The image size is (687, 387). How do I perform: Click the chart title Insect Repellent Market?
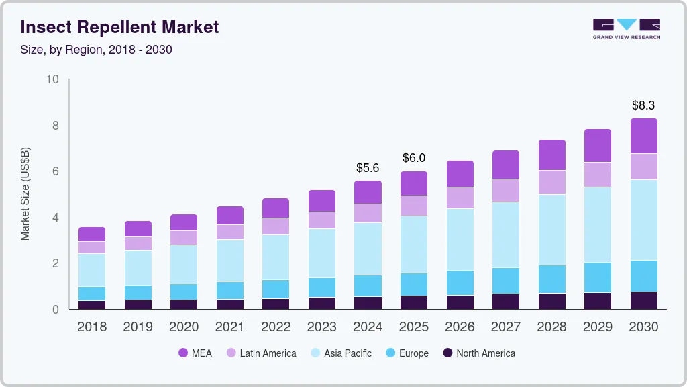coord(120,28)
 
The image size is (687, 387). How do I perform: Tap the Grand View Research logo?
coord(626,28)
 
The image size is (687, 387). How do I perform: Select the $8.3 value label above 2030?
coord(644,105)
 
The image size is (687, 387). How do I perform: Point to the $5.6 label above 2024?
coord(368,167)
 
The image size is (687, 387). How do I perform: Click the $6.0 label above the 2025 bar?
coord(414,158)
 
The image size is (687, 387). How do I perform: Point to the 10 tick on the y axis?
coord(52,79)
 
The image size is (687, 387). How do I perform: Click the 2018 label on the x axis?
coord(92,327)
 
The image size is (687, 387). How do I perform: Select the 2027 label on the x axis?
coord(506,327)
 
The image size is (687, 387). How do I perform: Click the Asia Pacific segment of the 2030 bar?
coord(644,220)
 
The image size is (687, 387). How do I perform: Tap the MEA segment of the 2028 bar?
coord(552,155)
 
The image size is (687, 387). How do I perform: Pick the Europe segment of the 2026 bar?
coord(460,283)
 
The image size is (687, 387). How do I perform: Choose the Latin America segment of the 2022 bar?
coord(276,226)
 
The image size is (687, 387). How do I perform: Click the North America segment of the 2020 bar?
coord(184,304)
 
